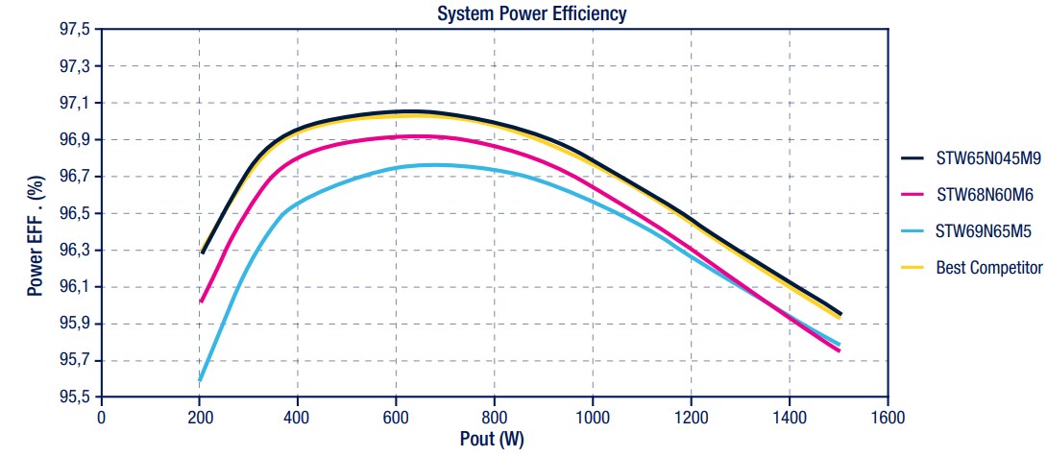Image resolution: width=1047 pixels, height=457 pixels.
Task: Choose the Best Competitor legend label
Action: (x=988, y=268)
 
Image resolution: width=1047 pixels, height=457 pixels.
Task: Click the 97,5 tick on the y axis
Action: (x=74, y=30)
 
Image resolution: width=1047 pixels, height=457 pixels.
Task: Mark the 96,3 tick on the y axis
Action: (x=74, y=251)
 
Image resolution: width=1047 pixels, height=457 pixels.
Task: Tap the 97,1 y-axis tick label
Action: (x=74, y=104)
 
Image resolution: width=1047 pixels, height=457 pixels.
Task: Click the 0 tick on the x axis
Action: (x=102, y=417)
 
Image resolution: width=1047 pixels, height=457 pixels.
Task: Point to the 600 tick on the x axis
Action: (x=397, y=417)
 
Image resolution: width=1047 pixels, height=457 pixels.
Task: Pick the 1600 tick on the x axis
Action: (x=888, y=417)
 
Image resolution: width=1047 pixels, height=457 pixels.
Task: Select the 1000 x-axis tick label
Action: (x=593, y=417)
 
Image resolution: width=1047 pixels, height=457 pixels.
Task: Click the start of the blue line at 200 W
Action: (x=200, y=380)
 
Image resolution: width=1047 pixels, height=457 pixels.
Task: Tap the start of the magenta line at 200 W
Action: (x=201, y=301)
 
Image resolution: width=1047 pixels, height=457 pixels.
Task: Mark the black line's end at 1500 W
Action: (x=840, y=314)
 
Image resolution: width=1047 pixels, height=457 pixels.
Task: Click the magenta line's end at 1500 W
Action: (x=839, y=350)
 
